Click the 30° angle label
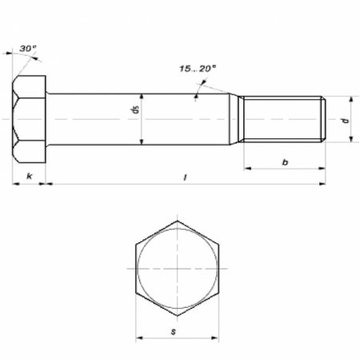pos(30,50)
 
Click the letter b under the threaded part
pos(286,161)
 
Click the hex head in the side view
pos(30,118)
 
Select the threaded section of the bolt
pos(284,118)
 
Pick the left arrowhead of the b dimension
pos(247,169)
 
